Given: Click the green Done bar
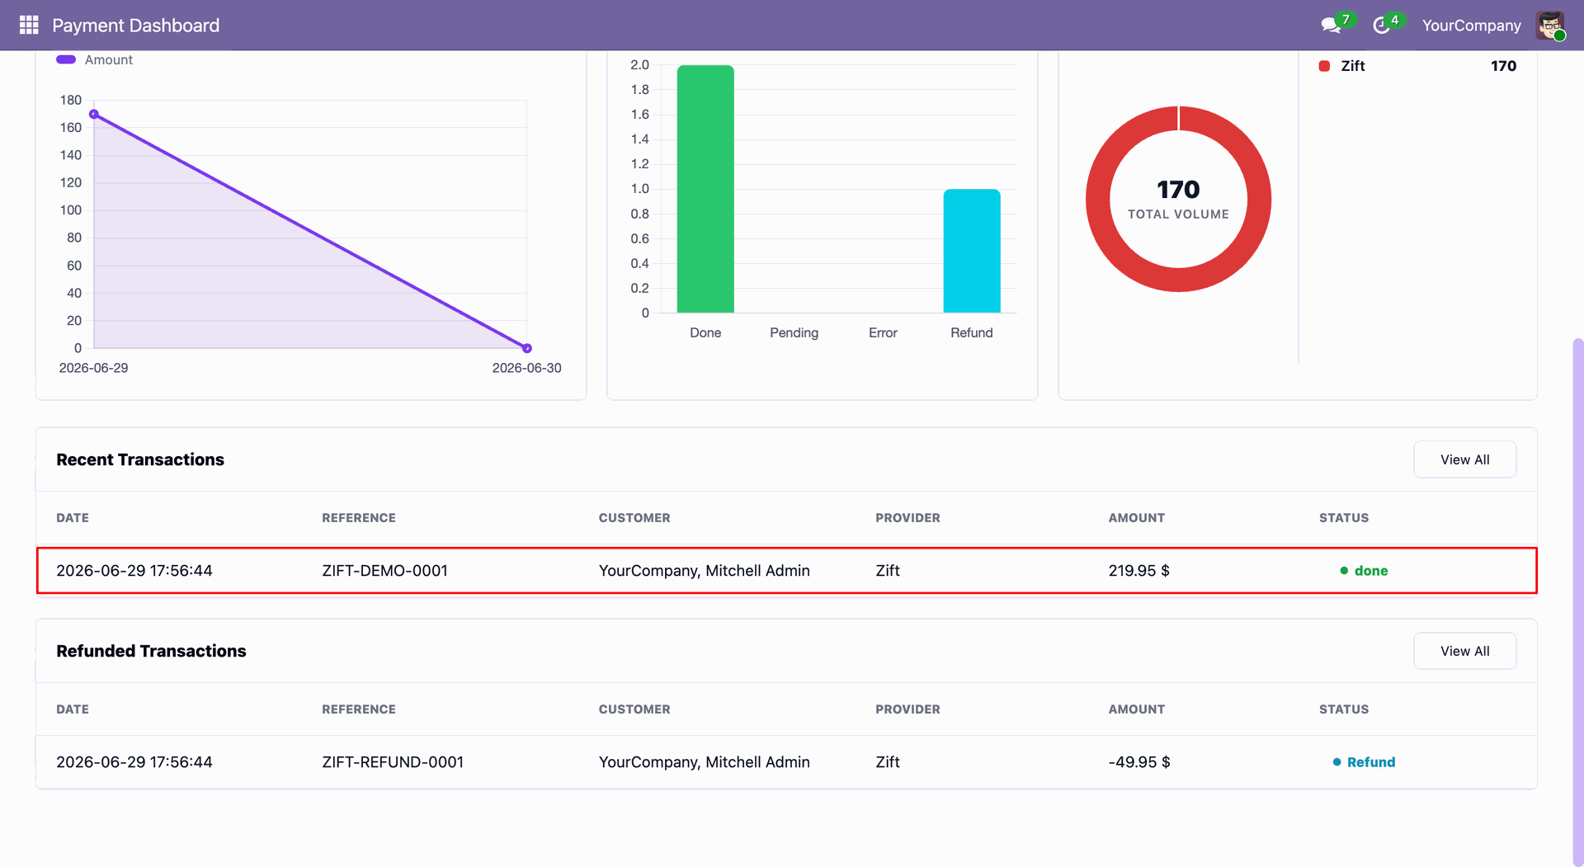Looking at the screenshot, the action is pos(705,189).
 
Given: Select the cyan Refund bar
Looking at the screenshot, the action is pos(972,251).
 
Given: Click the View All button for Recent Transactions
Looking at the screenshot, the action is pos(1464,459).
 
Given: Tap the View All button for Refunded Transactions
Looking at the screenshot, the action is pos(1464,651).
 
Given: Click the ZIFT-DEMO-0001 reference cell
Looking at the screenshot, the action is pos(384,571).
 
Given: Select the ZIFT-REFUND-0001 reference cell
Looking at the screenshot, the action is pos(393,762).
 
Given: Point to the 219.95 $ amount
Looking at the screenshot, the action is pos(1138,571).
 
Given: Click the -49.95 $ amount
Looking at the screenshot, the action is pos(1139,762).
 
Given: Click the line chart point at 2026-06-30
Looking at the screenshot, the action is pos(527,348).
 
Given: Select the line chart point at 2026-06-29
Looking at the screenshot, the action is pos(94,115).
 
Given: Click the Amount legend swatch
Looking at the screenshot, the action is pos(66,59).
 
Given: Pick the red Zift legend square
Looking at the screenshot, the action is pos(1324,66).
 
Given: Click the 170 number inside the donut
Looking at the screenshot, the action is pos(1178,190).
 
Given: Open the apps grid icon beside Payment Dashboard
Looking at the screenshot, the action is pos(29,26).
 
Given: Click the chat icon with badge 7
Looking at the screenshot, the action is pos(1330,26).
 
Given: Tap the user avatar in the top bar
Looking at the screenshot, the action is pos(1550,26).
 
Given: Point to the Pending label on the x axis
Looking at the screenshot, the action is pos(794,332).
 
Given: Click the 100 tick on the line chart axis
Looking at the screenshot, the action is pos(71,210).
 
